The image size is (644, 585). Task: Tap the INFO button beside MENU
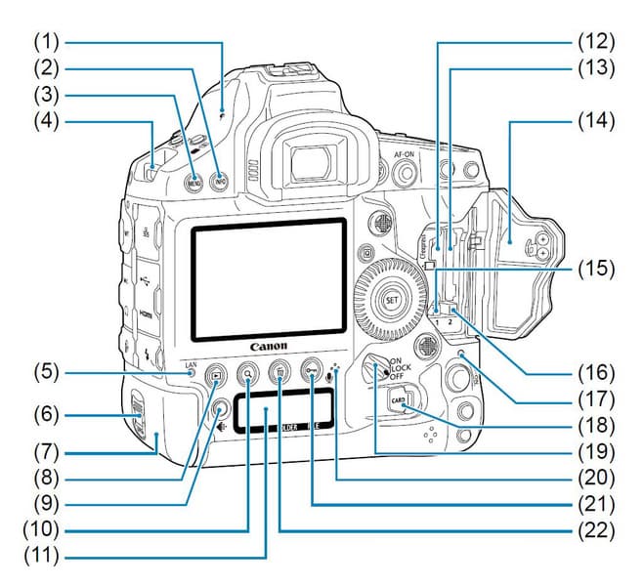coord(220,181)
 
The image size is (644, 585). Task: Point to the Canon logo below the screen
coord(269,346)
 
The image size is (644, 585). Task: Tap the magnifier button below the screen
coord(249,371)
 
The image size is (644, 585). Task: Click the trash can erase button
coord(280,371)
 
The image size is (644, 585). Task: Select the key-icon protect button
coord(312,370)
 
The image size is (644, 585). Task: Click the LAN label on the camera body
coord(192,365)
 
